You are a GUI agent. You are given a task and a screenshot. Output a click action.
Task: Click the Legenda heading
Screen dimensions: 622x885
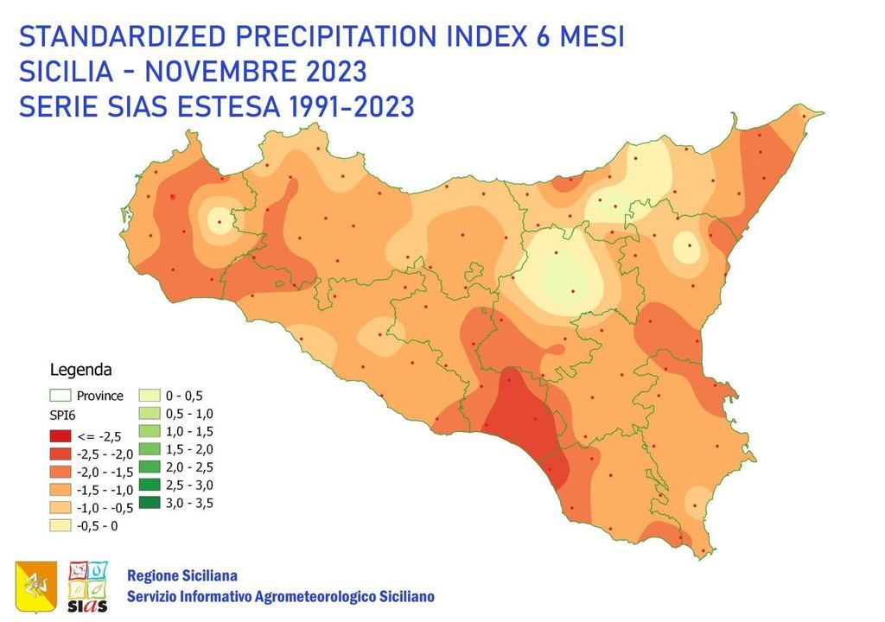coord(80,371)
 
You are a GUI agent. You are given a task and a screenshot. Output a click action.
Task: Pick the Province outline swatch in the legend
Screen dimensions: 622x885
coord(60,397)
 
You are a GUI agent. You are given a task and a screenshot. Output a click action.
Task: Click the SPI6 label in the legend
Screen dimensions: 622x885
coord(62,416)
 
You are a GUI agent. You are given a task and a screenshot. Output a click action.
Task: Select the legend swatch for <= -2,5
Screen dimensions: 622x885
coord(60,435)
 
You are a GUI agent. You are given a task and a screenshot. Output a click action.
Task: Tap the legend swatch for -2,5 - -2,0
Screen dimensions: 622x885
coord(60,454)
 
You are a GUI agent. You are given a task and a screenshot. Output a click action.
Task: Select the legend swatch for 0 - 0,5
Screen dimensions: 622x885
coord(151,397)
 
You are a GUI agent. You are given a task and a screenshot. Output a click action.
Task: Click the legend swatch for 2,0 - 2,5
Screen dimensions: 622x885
coord(151,466)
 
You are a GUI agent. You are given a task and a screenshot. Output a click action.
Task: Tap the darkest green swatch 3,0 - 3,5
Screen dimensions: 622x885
coord(151,502)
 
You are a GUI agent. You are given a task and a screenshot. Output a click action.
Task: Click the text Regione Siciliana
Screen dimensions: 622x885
coord(181,575)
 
